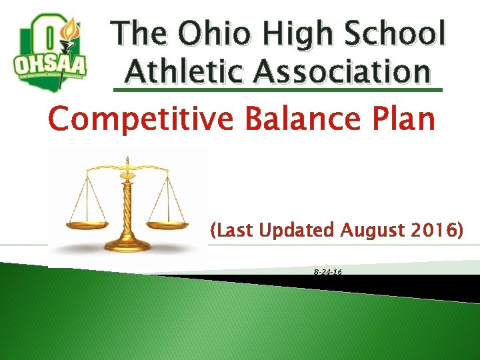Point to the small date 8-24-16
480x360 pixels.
point(327,273)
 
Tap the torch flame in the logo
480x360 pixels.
point(69,29)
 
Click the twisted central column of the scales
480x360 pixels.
point(127,200)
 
